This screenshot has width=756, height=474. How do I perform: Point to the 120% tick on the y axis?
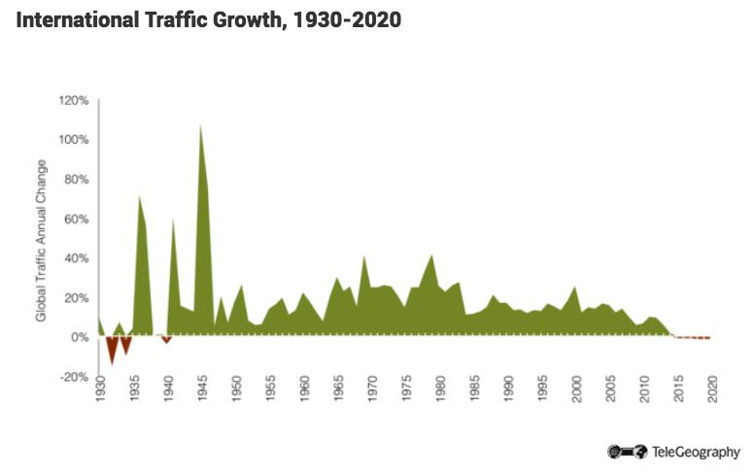tap(75, 100)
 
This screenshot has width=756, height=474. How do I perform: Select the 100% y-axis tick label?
tap(75, 140)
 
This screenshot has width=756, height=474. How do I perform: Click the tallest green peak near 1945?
tap(200, 125)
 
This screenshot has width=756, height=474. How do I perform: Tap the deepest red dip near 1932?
tap(113, 361)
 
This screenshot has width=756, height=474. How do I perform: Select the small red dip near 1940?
tap(166, 341)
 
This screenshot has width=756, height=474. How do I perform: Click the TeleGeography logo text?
tap(696, 452)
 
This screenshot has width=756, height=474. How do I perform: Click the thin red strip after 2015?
tap(695, 338)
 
